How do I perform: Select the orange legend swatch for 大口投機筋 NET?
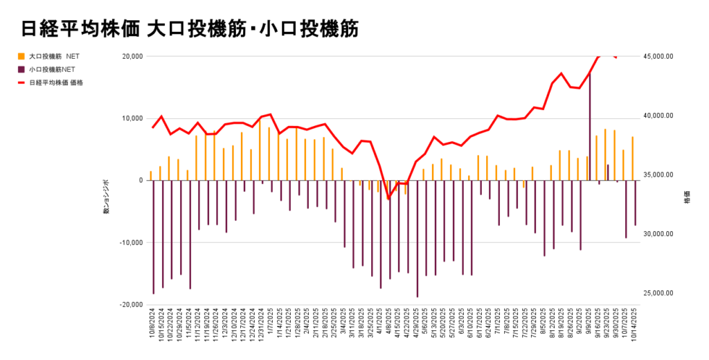[21, 56]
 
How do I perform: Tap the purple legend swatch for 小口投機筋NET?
[21, 69]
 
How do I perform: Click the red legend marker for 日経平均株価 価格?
[21, 82]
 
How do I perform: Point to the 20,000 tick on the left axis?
[132, 57]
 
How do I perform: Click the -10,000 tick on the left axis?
[130, 242]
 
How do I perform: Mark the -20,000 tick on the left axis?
[130, 305]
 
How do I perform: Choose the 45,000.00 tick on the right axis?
[658, 57]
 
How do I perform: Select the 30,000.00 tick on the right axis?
[658, 234]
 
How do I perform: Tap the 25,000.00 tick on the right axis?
[658, 293]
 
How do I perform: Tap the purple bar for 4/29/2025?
[418, 238]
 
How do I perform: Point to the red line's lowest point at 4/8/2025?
[388, 199]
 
